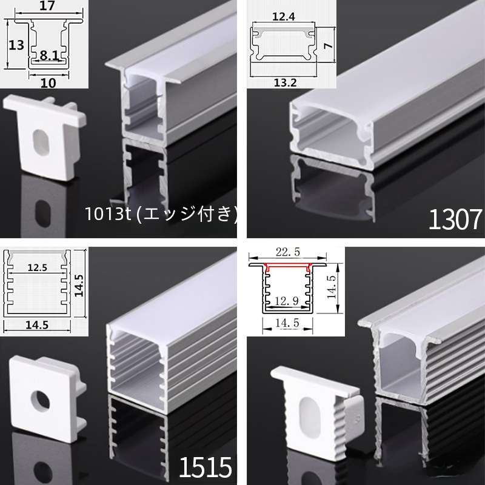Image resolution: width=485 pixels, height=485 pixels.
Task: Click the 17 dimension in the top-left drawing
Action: (x=47, y=6)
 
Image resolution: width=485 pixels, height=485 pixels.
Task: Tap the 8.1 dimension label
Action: (x=49, y=55)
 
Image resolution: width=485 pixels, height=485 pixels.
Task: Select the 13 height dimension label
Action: (x=16, y=45)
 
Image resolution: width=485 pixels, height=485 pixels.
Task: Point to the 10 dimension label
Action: (x=48, y=83)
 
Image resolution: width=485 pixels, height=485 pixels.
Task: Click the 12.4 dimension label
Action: (x=284, y=17)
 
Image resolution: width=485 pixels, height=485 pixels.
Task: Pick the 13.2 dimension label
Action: (x=285, y=82)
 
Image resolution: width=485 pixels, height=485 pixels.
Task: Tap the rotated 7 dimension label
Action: (x=328, y=45)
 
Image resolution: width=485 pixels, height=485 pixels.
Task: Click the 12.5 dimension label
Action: (x=38, y=267)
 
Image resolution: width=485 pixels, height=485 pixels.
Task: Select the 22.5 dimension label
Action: (x=288, y=252)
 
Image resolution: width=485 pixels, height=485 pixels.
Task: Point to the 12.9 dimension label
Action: (x=287, y=301)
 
